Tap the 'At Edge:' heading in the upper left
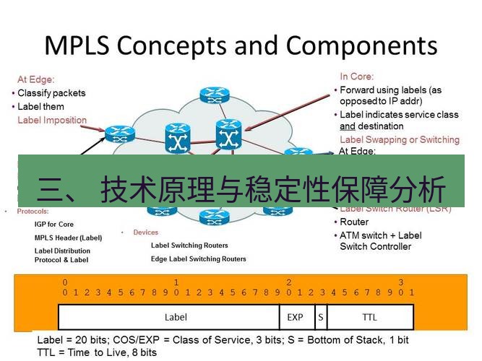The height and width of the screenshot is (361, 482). point(36,79)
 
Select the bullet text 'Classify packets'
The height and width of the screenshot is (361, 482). point(51,93)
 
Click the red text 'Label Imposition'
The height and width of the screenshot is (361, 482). point(52,121)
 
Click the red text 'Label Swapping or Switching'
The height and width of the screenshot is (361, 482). point(399,139)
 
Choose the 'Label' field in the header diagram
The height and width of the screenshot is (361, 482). point(176,317)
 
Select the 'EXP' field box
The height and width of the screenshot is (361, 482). point(296,317)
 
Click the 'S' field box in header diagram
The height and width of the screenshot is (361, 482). point(320,317)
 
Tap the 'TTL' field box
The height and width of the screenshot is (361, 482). point(369,317)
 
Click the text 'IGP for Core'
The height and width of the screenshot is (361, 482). point(54,225)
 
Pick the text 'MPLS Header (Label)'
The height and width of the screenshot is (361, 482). point(69,238)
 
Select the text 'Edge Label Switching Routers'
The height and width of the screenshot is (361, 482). point(198,258)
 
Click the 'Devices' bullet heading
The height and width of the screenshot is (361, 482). point(145,232)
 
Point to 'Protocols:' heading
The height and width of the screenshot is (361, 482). point(33,212)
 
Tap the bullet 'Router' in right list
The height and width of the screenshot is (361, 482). point(354,222)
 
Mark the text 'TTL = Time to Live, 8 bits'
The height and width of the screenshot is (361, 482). point(97,352)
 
